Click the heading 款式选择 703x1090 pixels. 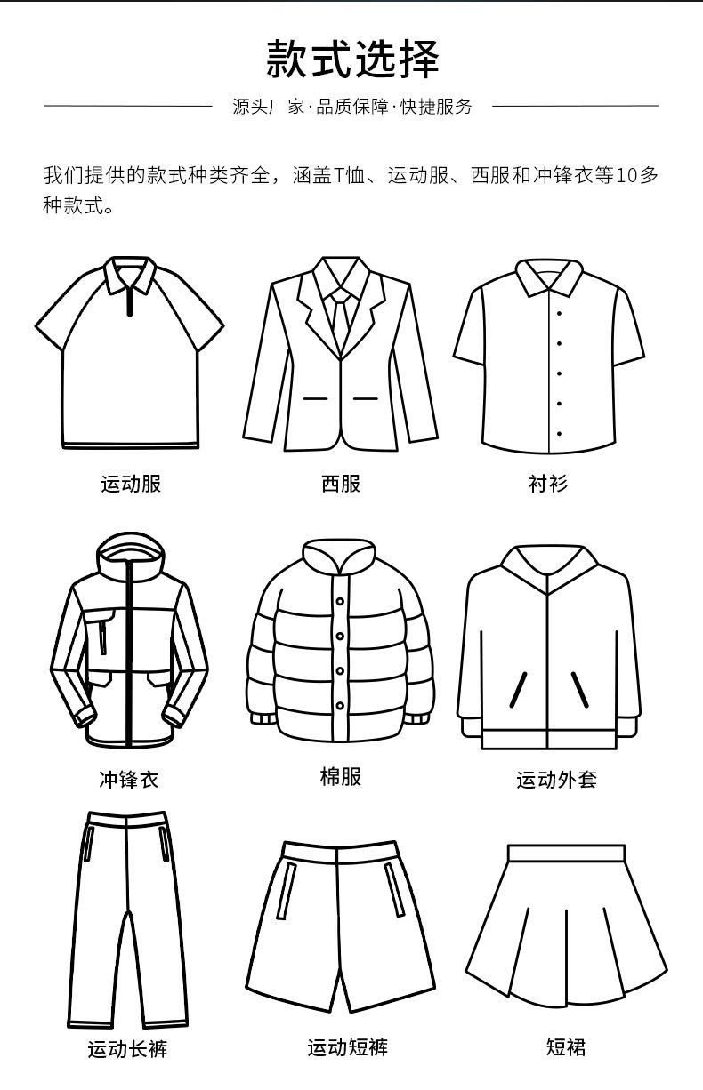pos(351,59)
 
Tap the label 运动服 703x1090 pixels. pos(131,484)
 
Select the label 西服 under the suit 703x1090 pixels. pos(341,484)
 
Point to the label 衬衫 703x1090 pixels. pos(547,484)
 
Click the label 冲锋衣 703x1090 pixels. pos(128,780)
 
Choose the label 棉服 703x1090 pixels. pos(341,776)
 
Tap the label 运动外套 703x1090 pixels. pos(556,780)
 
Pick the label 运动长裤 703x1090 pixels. pos(127,1049)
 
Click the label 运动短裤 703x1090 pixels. pos(348,1047)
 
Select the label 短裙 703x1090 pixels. pos(565,1047)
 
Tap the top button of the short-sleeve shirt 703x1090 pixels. pos(559,313)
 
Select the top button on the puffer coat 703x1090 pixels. pos(340,602)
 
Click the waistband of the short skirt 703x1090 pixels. pos(566,854)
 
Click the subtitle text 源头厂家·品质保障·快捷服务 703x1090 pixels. pos(351,107)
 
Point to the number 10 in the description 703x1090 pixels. pos(626,175)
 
